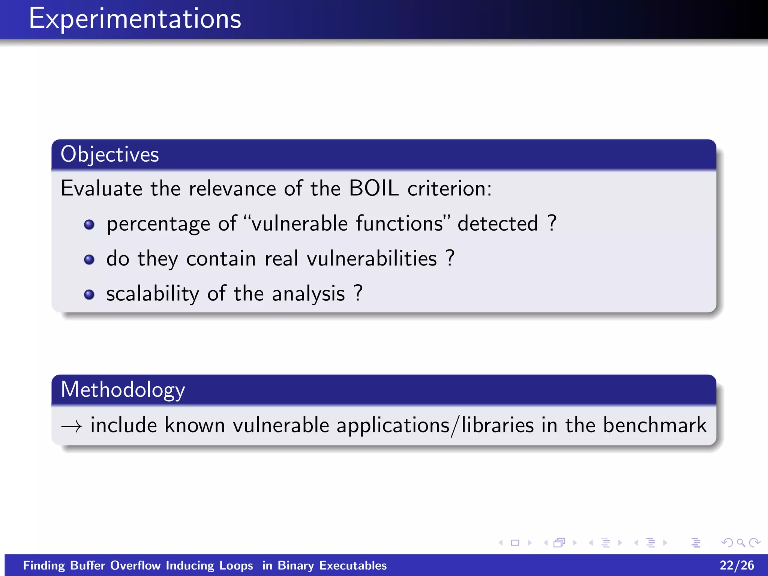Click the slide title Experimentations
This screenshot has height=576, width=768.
135,19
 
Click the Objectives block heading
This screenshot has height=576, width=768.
109,154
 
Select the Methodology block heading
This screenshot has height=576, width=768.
123,390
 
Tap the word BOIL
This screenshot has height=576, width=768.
373,188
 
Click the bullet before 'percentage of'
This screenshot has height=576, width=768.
89,225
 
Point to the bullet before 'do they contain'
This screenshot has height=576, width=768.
89,259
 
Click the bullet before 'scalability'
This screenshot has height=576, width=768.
89,294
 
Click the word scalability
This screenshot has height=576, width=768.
153,294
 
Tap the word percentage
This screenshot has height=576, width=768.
158,224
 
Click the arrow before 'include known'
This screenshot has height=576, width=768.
71,426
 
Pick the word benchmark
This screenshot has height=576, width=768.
654,425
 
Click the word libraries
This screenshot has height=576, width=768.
497,425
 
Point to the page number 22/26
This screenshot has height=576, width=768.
736,565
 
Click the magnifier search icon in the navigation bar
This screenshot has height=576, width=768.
741,543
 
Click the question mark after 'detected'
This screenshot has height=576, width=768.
552,223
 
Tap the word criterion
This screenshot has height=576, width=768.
449,188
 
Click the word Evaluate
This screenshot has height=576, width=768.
101,188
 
